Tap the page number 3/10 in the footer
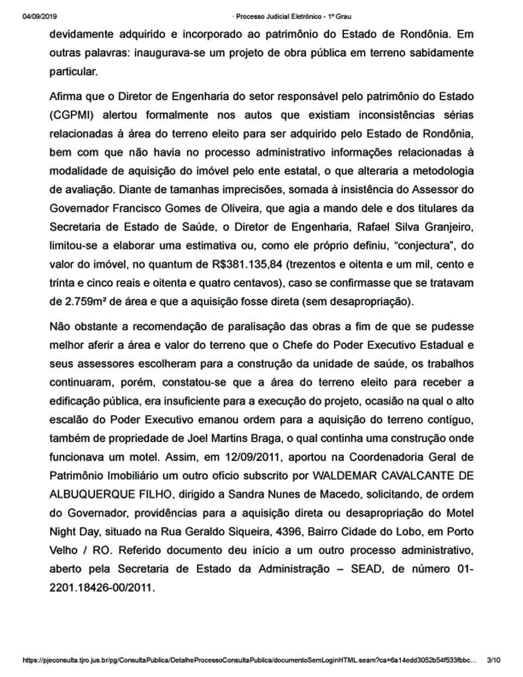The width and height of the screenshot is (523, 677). [493, 660]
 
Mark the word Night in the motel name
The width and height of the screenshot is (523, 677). [62, 531]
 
